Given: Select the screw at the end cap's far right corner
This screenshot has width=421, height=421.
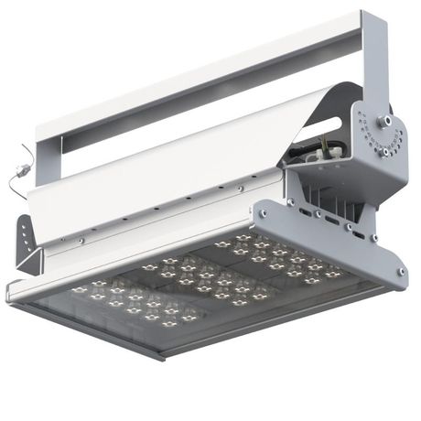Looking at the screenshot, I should [x=400, y=271].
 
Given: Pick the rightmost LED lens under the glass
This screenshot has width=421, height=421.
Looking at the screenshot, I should [x=333, y=273].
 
